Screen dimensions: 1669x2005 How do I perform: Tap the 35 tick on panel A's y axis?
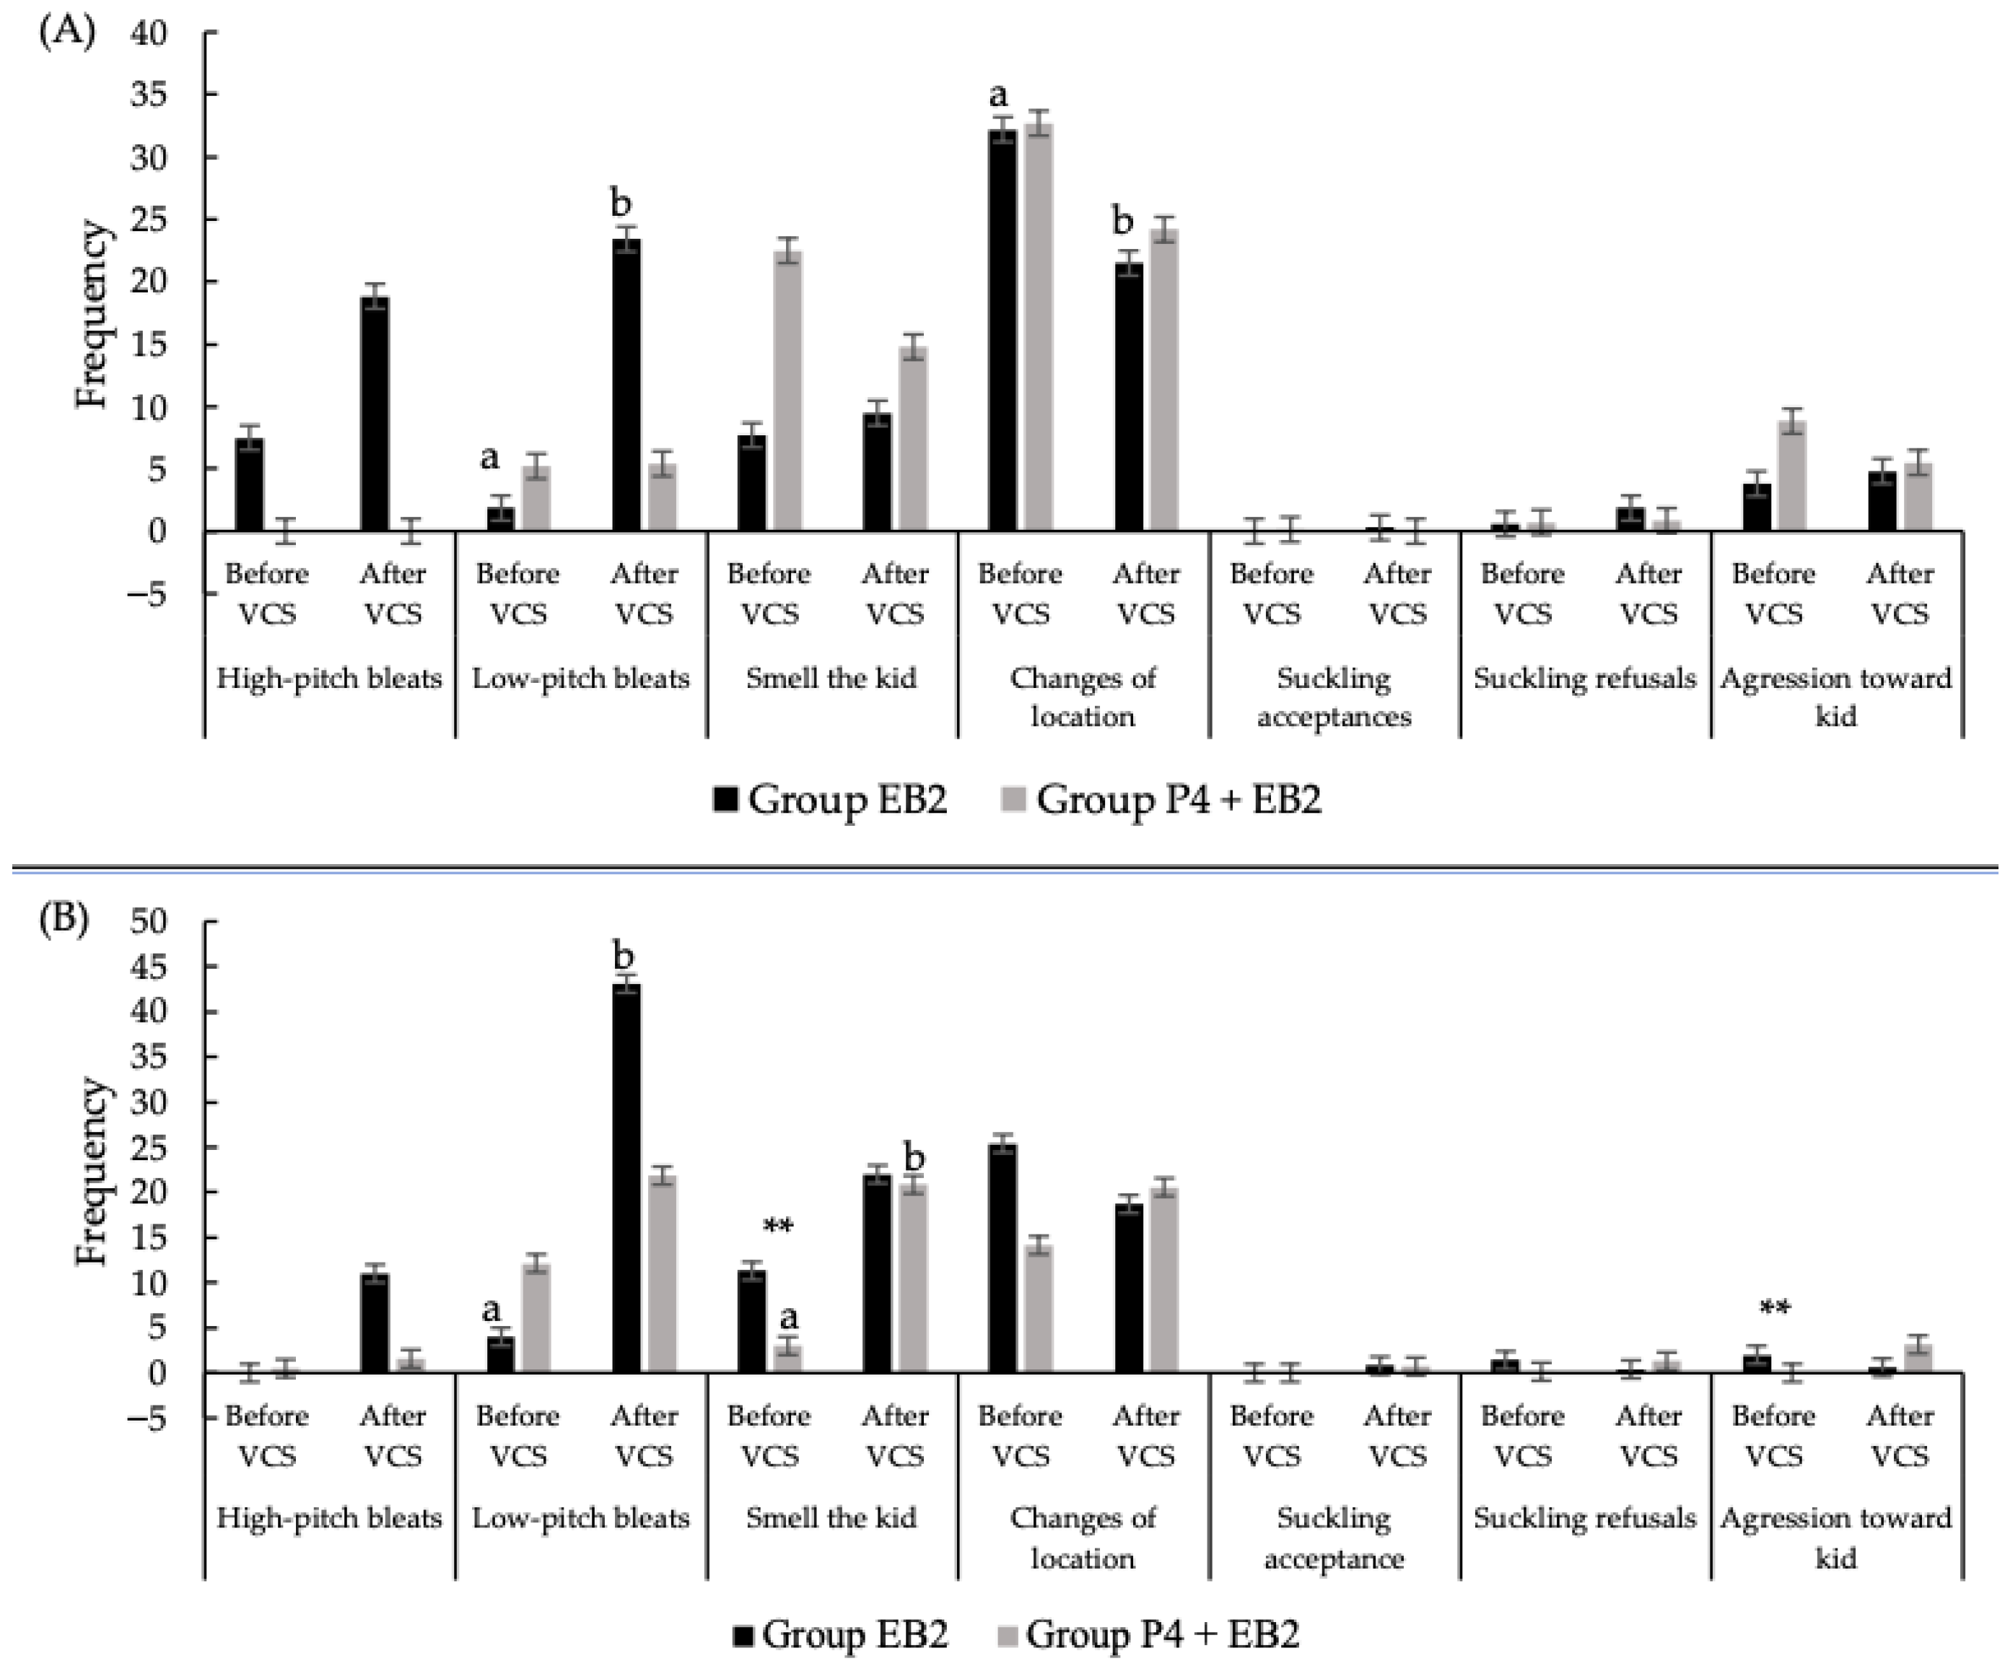(x=148, y=95)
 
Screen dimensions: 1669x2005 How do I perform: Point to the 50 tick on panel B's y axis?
(x=148, y=921)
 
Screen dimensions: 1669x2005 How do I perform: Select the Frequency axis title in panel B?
(x=92, y=1172)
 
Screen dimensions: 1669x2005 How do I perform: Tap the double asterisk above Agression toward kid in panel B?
(x=1774, y=1307)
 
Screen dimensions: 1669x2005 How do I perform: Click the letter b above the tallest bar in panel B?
(x=623, y=955)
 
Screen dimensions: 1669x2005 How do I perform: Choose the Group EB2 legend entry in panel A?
(x=830, y=798)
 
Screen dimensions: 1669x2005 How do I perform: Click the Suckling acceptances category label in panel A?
(x=1333, y=697)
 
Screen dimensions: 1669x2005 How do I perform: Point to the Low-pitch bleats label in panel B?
(x=580, y=1517)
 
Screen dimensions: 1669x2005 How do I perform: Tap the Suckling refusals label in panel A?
(x=1584, y=678)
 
